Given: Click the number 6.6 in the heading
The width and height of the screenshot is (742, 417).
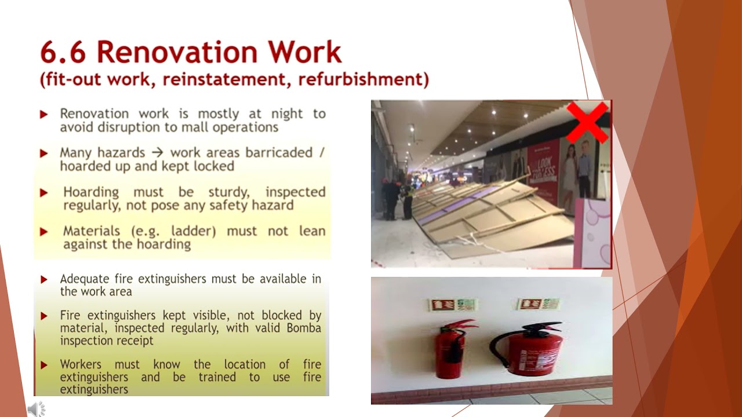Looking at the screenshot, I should point(63,53).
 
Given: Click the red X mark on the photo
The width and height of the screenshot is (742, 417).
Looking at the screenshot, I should point(587,122).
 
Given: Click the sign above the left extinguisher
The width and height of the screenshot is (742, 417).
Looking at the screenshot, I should point(452,305).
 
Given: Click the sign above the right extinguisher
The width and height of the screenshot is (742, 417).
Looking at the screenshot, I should point(539,304).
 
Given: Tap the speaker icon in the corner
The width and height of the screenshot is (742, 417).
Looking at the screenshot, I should point(36,409).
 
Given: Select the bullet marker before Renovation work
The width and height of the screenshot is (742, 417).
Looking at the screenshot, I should point(43,115).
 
